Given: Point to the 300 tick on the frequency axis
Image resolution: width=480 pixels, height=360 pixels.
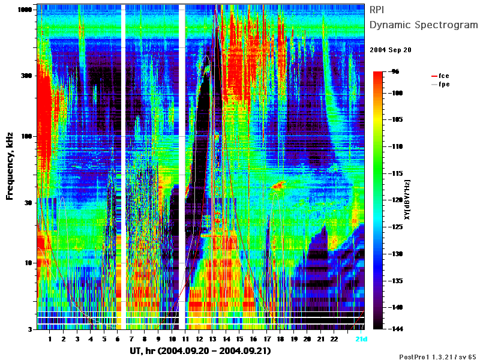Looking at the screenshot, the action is click(x=26, y=76).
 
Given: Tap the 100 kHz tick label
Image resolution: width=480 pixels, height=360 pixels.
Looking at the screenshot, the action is click(x=26, y=136).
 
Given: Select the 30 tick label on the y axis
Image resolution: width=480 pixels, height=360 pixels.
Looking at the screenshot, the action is click(x=28, y=203).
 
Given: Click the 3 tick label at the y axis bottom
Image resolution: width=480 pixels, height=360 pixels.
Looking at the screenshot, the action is click(x=31, y=329).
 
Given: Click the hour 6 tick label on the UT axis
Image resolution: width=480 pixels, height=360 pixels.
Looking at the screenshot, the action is click(x=118, y=339).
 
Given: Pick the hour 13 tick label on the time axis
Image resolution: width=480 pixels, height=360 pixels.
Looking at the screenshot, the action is click(x=212, y=339).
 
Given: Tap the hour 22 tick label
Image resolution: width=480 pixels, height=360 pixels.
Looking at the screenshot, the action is click(x=334, y=339).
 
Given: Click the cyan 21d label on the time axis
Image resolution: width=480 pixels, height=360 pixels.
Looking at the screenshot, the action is click(x=361, y=339).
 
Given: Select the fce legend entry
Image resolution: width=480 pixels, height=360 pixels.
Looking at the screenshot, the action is click(x=440, y=76).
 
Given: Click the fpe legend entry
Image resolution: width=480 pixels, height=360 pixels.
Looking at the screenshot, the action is click(x=440, y=84).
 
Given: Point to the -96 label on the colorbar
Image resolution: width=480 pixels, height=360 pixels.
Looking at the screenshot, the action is click(x=395, y=71).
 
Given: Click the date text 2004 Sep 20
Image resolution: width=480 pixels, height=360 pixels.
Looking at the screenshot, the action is click(x=391, y=50).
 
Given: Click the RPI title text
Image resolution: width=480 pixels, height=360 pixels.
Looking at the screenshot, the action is click(x=377, y=10).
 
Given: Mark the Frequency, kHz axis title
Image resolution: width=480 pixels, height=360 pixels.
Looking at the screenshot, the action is click(x=10, y=166).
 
